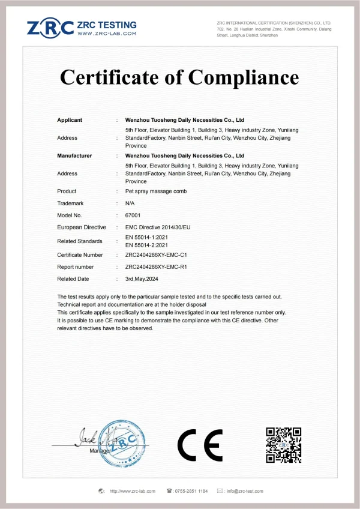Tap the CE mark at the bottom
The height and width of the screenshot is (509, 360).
pos(200,445)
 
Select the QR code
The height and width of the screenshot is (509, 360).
pos(283,445)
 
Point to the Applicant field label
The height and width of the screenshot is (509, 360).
pos(70,120)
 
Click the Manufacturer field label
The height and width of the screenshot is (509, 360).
pos(74,155)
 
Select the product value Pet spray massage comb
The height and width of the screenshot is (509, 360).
pos(156,191)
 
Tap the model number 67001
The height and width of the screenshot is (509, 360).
pos(131,215)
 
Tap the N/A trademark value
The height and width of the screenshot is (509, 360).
pos(130,203)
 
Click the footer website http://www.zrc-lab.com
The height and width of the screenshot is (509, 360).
pos(132,491)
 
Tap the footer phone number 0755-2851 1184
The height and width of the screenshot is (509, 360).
pos(191,491)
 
